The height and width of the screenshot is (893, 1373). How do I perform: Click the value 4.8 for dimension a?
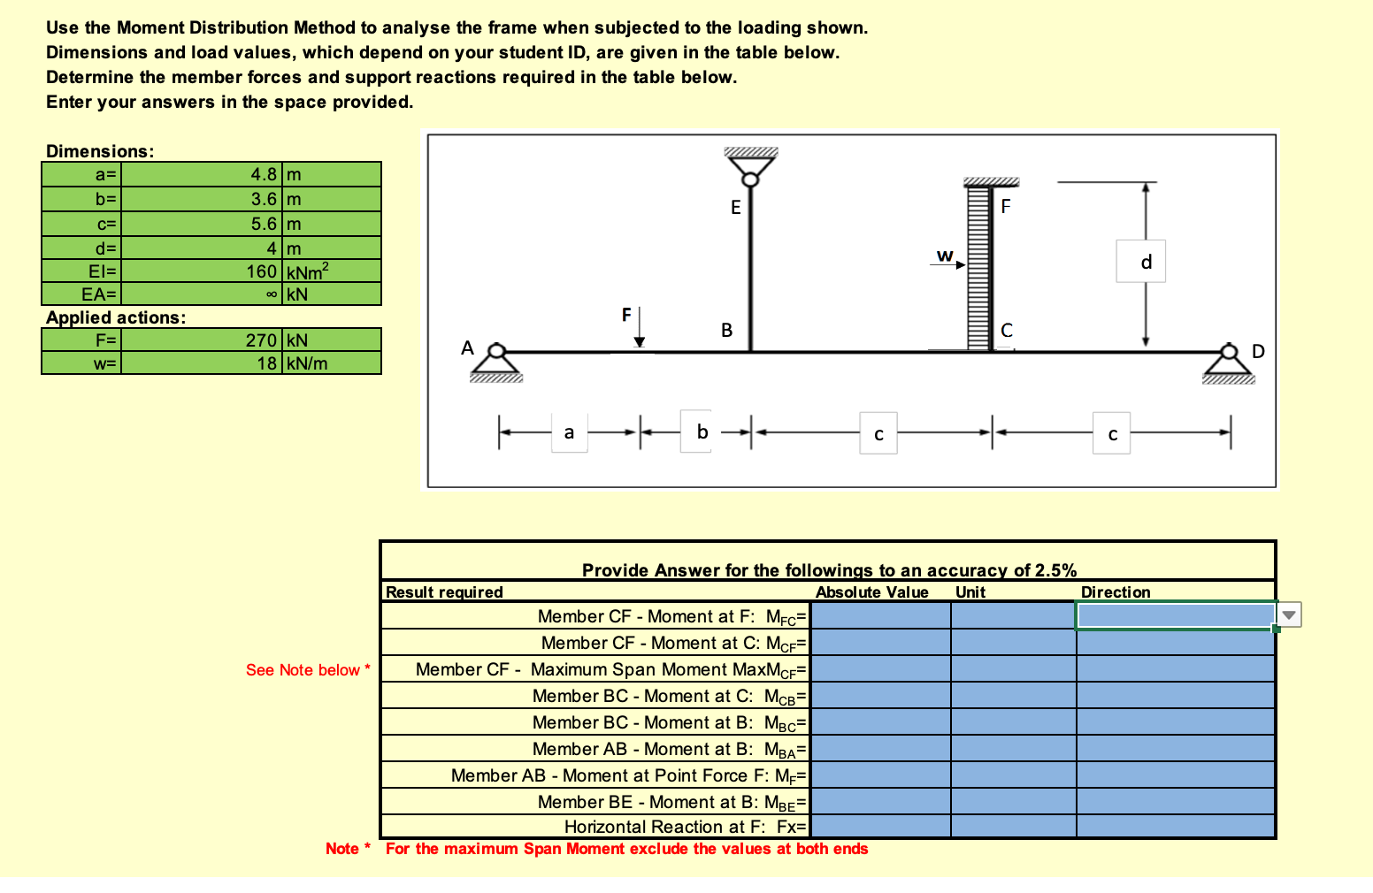264,174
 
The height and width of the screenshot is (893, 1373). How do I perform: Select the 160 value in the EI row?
262,271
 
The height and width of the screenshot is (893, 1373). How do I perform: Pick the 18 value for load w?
267,363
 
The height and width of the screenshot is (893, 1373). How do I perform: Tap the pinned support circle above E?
750,179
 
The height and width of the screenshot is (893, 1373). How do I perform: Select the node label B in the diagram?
726,331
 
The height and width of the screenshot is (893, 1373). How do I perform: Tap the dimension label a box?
569,432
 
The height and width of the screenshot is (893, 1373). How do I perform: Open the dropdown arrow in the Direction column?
1289,614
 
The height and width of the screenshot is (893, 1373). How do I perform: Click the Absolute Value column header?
871,592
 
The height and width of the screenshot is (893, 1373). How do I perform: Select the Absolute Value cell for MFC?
880,615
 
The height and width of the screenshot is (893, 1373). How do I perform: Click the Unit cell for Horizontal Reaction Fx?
1013,827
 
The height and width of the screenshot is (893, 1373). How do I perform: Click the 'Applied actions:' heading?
116,317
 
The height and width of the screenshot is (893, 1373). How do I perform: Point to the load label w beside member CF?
945,256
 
